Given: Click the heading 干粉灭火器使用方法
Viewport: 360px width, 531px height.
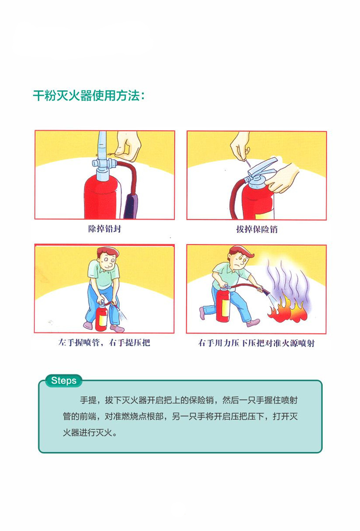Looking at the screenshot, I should (x=89, y=96).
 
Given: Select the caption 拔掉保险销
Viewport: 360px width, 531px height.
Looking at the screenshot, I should (x=257, y=229).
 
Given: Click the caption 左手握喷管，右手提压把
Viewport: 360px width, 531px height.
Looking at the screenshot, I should (x=104, y=342).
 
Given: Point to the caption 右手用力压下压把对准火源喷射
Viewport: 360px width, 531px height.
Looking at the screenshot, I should (x=256, y=343).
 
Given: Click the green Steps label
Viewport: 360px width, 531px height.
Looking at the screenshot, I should (x=63, y=380).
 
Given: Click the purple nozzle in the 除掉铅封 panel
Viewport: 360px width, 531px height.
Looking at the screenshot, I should (x=130, y=206).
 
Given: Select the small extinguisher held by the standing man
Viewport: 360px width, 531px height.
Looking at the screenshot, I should (x=101, y=316).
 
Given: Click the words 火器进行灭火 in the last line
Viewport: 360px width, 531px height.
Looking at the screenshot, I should (x=87, y=433).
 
